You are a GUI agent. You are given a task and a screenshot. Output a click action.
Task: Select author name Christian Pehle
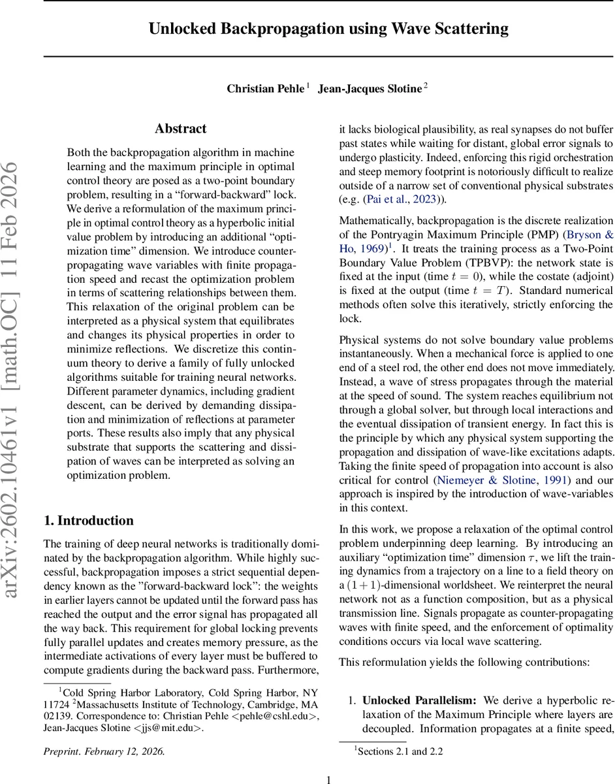[264, 89]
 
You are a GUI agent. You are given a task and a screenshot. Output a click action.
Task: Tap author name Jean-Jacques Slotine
[370, 89]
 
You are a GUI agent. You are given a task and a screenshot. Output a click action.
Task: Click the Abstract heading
[181, 129]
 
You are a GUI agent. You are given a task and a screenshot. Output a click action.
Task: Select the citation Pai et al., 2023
[391, 200]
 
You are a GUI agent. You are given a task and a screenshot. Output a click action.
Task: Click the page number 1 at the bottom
[328, 779]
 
